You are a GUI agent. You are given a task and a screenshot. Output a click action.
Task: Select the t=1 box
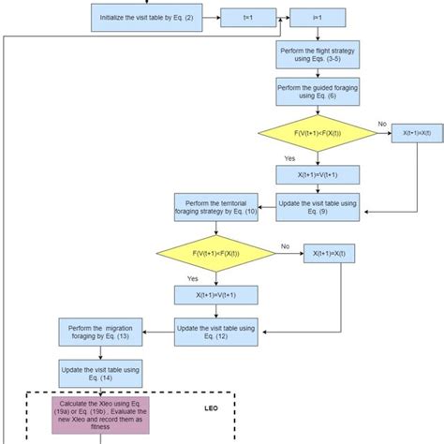point(246,17)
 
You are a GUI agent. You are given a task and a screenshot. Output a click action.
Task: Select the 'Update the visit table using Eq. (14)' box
point(101,372)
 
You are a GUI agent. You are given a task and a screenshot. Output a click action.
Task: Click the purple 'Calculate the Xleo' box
point(101,415)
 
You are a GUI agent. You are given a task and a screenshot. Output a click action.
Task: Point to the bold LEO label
point(211,408)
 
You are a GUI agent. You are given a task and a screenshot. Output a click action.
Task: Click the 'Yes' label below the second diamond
point(193,278)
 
